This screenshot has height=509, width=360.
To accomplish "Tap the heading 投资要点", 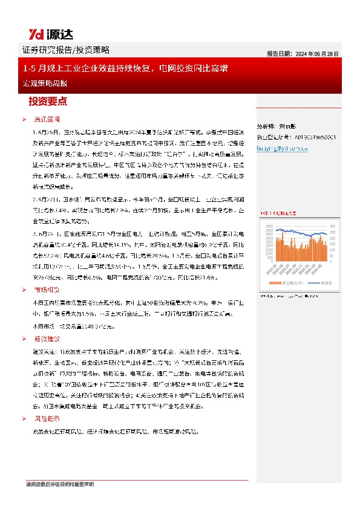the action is pos(48,101).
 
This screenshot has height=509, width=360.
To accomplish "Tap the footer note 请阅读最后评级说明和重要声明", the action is pos(60,484).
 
